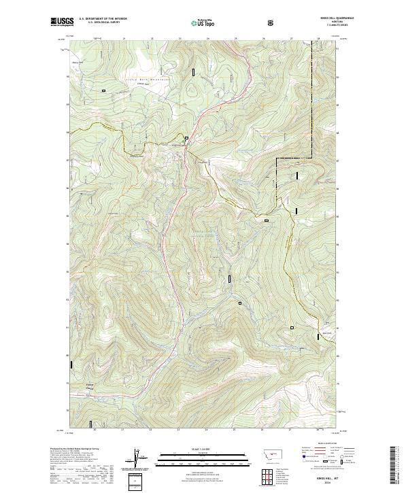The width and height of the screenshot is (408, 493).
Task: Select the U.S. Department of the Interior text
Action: coord(103,18)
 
